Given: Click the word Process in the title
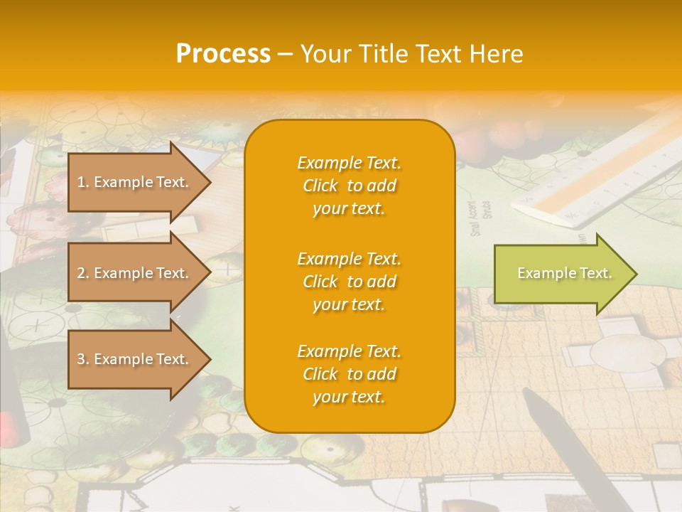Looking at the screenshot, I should coord(223,54).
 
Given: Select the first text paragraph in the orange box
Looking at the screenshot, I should coord(349,186).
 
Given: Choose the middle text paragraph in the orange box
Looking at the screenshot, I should coord(349,282).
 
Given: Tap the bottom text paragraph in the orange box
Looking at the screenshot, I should coord(349,374).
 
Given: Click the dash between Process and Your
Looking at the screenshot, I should coord(286,54).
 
